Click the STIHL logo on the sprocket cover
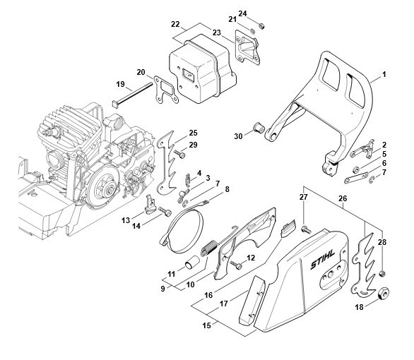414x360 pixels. (x=323, y=260)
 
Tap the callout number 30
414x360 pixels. (x=238, y=136)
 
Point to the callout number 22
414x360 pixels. (x=175, y=24)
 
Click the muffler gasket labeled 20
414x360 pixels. (x=166, y=90)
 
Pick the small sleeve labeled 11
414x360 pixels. (x=191, y=262)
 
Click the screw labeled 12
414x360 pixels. (x=236, y=265)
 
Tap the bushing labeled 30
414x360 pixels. (x=259, y=128)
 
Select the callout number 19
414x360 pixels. (x=120, y=84)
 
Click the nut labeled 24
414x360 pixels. (x=261, y=26)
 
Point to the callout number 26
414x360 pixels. (x=343, y=198)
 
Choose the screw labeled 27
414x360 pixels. (x=306, y=229)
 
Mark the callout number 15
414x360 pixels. (x=206, y=325)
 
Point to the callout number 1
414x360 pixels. (x=384, y=75)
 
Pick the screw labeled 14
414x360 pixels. (x=165, y=212)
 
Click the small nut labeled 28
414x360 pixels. (x=382, y=274)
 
